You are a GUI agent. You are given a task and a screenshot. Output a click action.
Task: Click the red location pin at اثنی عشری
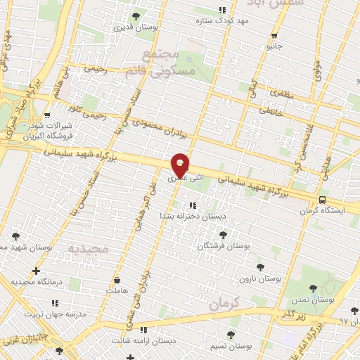180,164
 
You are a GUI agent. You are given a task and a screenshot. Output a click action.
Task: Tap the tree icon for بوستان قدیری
136,15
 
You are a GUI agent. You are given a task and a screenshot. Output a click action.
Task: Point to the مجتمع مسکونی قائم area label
161,63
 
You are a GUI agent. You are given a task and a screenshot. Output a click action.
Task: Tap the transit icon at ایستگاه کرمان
321,200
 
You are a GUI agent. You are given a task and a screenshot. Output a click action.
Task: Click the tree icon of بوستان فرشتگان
223,235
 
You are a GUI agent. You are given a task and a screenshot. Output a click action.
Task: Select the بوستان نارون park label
279,279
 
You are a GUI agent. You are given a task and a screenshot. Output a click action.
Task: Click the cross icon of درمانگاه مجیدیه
36,271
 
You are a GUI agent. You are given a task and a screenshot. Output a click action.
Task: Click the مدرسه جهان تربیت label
53,314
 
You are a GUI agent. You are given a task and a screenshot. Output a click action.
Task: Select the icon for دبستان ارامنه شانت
143,329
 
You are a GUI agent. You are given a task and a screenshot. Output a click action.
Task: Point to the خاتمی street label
271,110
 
